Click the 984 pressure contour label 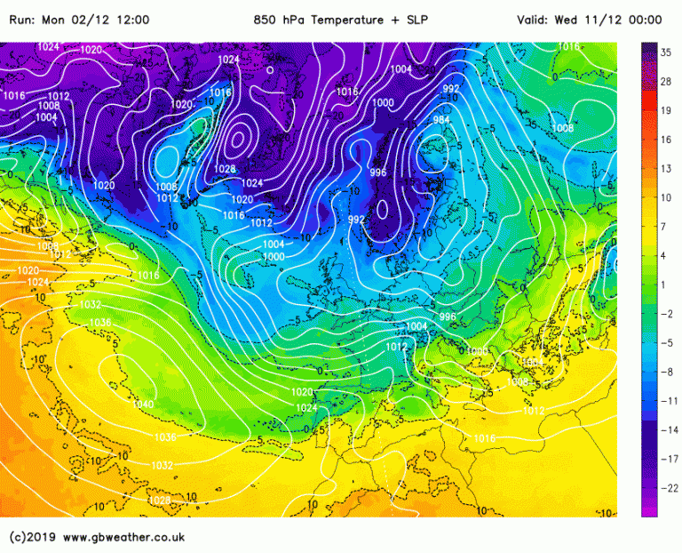[441, 119]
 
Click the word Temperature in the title [345, 20]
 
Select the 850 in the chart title [265, 20]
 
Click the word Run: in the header [25, 20]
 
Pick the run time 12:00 [132, 20]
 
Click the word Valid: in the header [535, 20]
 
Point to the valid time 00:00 [645, 20]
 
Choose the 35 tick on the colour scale [666, 52]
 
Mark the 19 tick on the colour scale [666, 110]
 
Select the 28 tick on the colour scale [666, 82]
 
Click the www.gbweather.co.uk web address [123, 537]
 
